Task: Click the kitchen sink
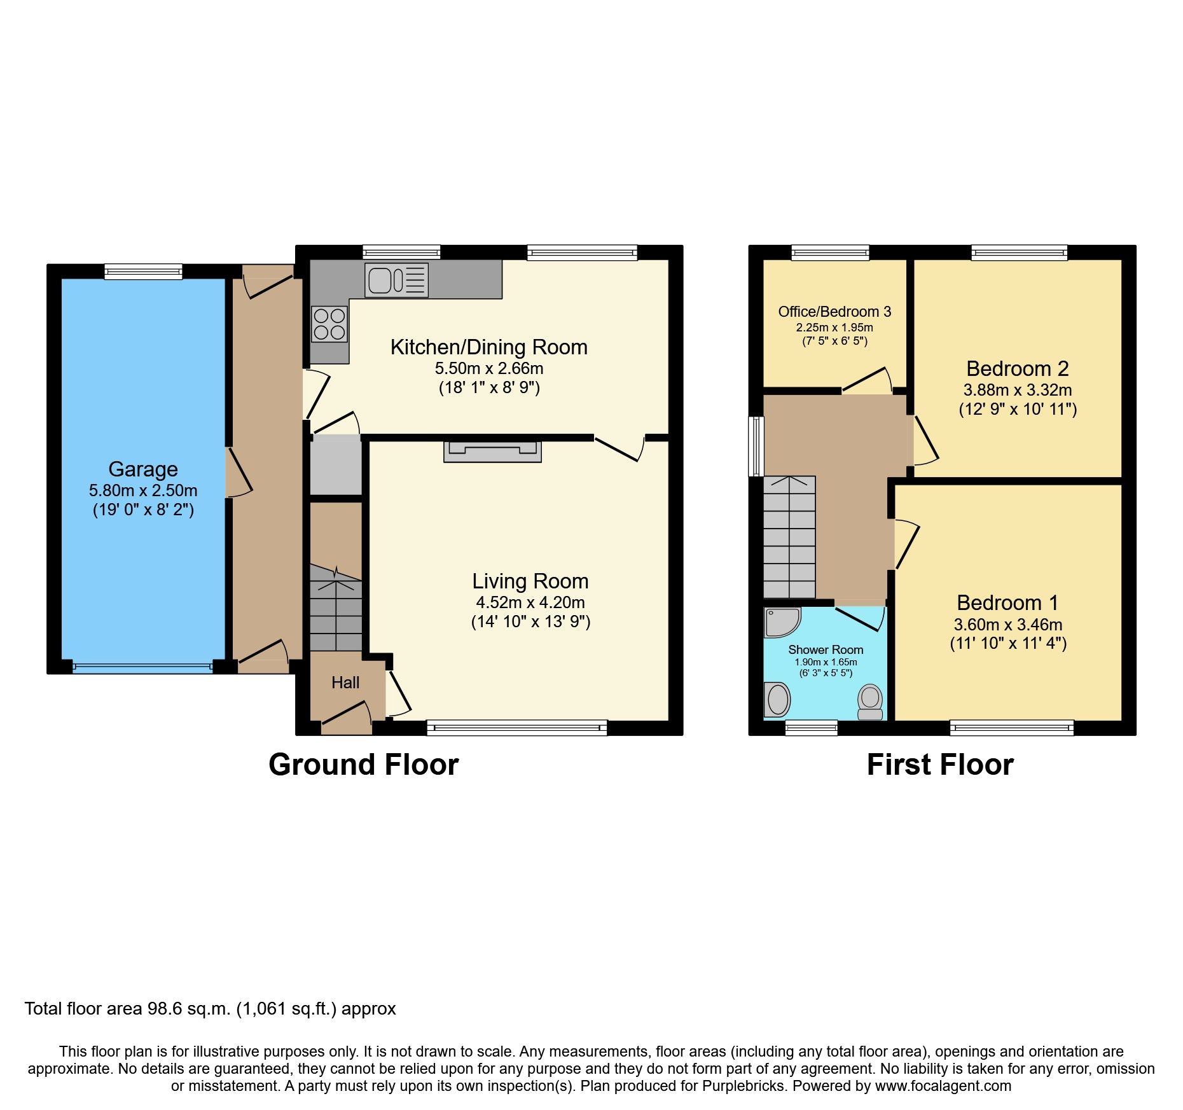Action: click(x=396, y=280)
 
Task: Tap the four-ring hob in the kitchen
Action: click(x=329, y=324)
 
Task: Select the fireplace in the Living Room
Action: click(x=492, y=451)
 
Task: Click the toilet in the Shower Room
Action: click(x=870, y=702)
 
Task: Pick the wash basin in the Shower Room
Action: click(x=777, y=700)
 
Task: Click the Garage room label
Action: click(x=143, y=469)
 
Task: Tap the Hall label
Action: click(x=345, y=683)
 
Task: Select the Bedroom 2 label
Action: click(x=1017, y=368)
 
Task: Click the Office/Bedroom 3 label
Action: click(x=834, y=312)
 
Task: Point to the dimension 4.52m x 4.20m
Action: click(x=530, y=602)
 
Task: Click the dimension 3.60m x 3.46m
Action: click(x=1008, y=625)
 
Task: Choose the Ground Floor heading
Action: click(x=363, y=765)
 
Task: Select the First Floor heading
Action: click(x=940, y=765)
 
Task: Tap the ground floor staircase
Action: click(x=336, y=607)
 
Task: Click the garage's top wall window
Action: click(x=144, y=272)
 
